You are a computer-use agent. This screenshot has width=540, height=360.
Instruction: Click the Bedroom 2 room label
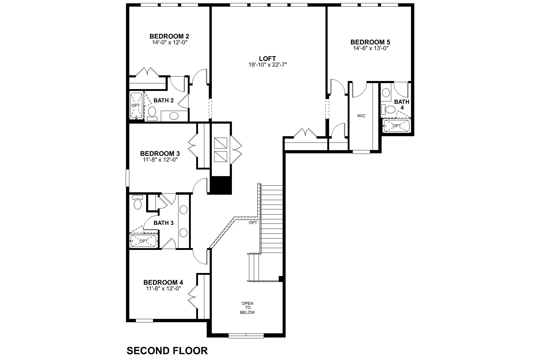click(169, 36)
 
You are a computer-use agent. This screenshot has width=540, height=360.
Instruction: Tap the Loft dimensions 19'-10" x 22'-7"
click(268, 64)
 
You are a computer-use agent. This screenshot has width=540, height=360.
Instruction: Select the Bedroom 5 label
click(370, 42)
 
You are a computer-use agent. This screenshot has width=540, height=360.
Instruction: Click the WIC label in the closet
click(361, 116)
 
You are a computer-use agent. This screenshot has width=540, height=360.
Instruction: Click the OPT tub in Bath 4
click(397, 126)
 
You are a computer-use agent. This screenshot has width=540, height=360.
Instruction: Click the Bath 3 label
click(163, 223)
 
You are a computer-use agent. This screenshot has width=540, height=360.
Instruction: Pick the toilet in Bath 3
click(138, 203)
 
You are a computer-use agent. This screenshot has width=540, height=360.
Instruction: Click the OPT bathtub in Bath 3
click(143, 241)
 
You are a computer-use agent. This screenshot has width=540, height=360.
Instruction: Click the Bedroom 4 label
click(163, 282)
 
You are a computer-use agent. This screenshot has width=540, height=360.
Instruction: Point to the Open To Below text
click(247, 308)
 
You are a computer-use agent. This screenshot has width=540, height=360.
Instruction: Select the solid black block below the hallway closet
click(220, 185)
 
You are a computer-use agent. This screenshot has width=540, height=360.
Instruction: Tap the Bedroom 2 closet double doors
click(147, 72)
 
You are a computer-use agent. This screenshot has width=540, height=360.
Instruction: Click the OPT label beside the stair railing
click(253, 223)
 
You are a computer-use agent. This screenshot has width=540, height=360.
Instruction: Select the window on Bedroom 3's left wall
click(127, 178)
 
